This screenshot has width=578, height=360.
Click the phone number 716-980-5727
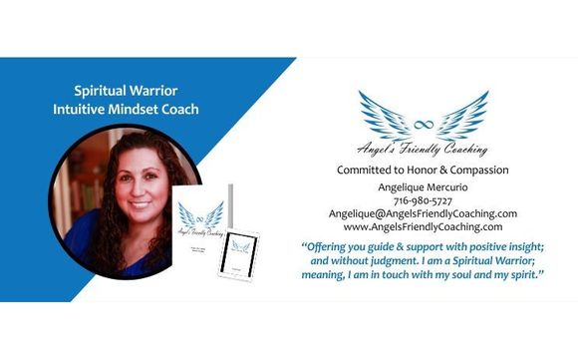tap(423, 199)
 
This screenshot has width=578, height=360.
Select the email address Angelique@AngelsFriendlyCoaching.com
tap(423, 213)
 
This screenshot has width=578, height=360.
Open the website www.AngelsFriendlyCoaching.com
tap(423, 227)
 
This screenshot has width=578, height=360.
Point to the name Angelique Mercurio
tap(423, 185)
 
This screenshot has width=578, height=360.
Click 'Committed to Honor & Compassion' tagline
tap(423, 171)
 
